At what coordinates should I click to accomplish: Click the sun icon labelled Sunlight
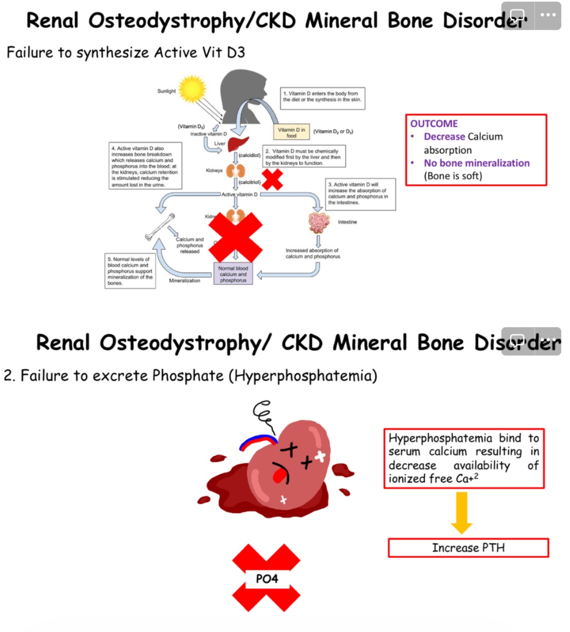[192, 89]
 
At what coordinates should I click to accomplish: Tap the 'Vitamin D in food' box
[291, 133]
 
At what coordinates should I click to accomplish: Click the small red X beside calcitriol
[272, 179]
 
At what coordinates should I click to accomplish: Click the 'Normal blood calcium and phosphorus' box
[233, 274]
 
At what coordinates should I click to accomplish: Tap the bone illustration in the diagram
[160, 227]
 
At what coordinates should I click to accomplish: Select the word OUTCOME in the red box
[434, 124]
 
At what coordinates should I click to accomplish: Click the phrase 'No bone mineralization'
[476, 163]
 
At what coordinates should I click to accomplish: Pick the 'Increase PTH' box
[468, 548]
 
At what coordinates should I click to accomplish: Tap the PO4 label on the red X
[267, 579]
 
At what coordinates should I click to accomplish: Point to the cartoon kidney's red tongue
[279, 475]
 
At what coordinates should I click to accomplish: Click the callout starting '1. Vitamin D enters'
[322, 97]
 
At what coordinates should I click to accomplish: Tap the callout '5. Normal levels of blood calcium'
[130, 271]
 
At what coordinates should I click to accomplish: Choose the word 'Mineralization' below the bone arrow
[184, 281]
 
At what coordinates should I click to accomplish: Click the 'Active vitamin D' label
[239, 194]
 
